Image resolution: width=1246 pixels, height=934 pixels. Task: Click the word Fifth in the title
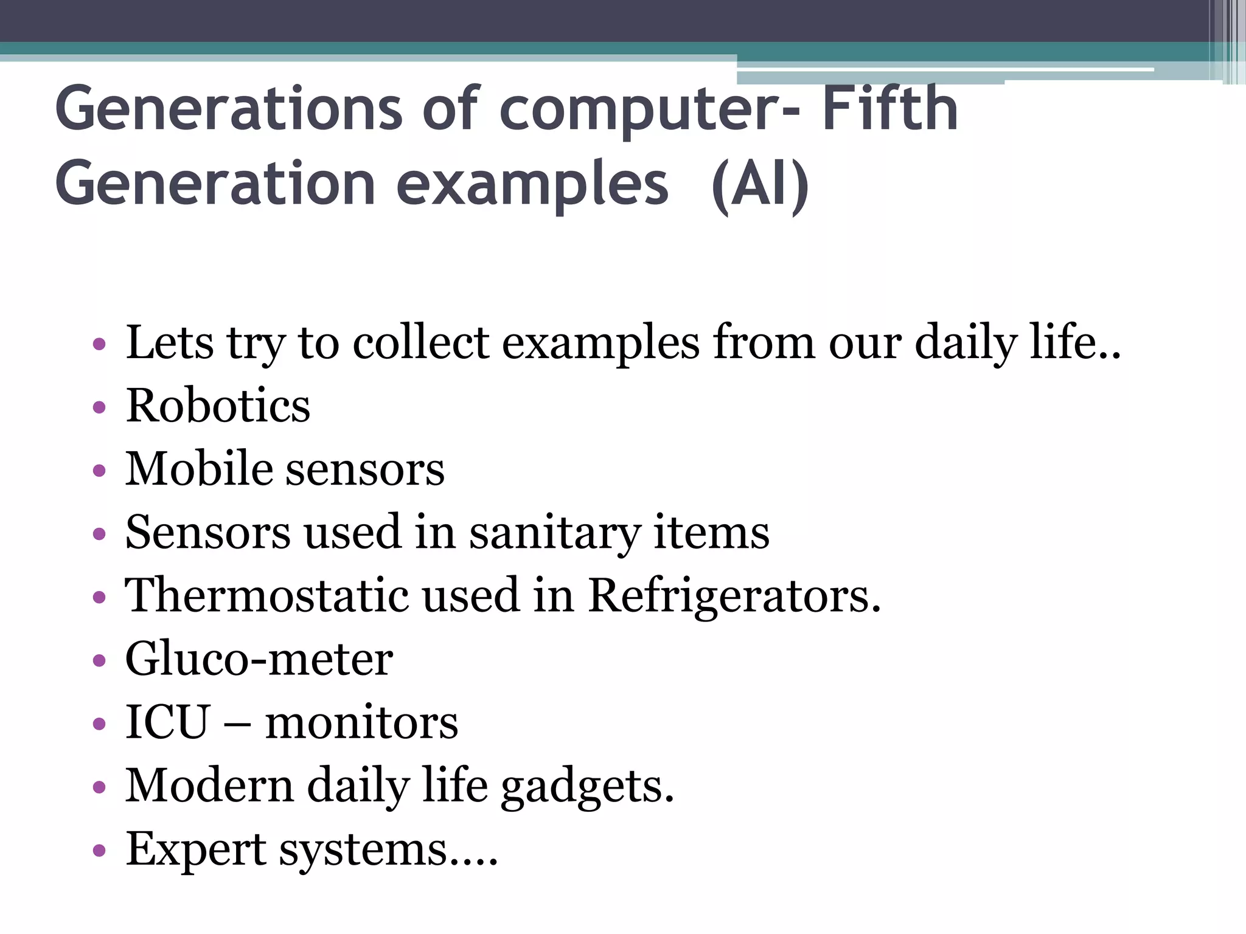pos(890,109)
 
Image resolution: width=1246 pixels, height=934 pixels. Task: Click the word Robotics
pos(218,406)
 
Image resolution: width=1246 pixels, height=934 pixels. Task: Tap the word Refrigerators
pos(734,596)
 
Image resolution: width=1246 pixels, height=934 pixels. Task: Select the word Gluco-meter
pos(259,659)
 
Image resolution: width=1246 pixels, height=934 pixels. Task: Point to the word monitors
pos(361,723)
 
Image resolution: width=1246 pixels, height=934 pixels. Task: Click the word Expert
pos(195,850)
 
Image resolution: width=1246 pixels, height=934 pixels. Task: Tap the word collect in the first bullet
pos(421,342)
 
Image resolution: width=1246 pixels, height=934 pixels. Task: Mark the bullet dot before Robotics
pos(99,407)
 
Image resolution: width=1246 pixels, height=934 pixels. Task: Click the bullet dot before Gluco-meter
pos(99,660)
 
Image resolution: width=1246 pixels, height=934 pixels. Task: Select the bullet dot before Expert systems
pos(99,850)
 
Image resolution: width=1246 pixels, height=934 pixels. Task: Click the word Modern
pos(209,786)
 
